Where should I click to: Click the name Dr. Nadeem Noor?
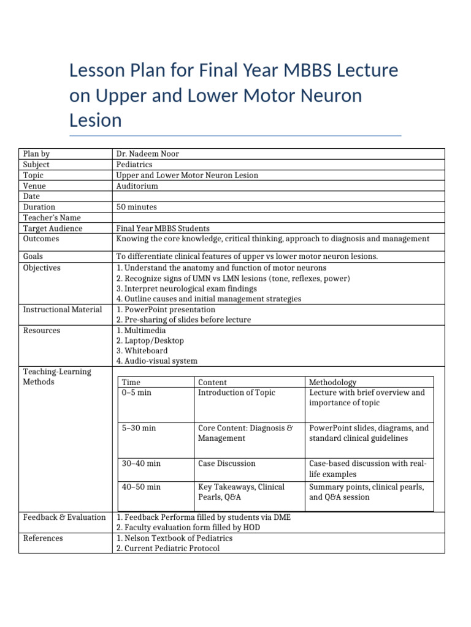[x=147, y=154]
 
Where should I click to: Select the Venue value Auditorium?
[x=137, y=186]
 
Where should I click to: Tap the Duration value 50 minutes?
[x=136, y=208]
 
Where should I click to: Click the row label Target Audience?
[x=53, y=228]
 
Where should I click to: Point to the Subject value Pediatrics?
[x=134, y=165]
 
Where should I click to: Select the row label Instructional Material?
[x=63, y=310]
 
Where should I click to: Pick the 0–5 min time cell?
[x=136, y=392]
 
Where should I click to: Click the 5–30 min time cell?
[x=139, y=428]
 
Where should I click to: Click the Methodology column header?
[x=333, y=382]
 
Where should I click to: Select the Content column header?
[x=212, y=382]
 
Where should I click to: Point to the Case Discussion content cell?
[x=226, y=464]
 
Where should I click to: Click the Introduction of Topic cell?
[x=237, y=392]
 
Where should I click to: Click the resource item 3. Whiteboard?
[x=142, y=351]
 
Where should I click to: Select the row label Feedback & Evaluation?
[x=64, y=517]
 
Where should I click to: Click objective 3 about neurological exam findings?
[x=186, y=288]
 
